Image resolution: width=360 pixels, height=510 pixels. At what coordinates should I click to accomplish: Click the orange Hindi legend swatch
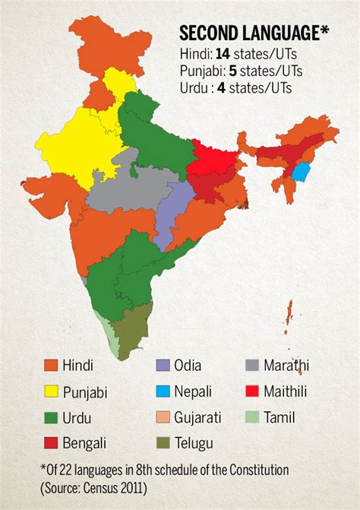coord(51,366)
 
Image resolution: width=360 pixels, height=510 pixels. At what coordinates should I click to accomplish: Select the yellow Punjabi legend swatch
coord(51,391)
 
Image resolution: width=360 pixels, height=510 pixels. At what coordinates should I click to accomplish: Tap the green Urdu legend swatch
coord(51,417)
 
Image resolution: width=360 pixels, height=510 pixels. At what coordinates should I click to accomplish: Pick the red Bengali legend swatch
coord(51,442)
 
